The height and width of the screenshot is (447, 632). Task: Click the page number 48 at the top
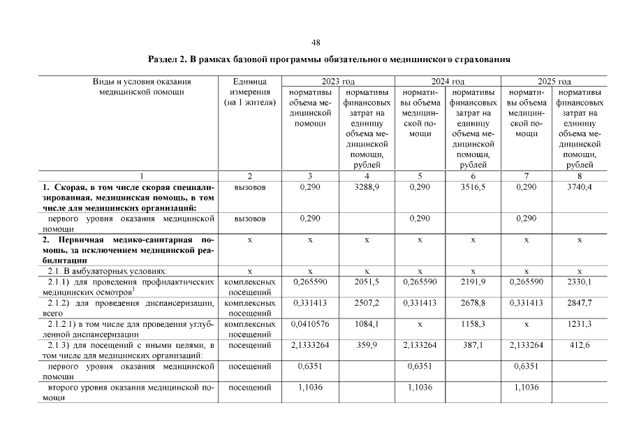(316, 43)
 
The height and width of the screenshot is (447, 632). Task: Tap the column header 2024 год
(448, 82)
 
